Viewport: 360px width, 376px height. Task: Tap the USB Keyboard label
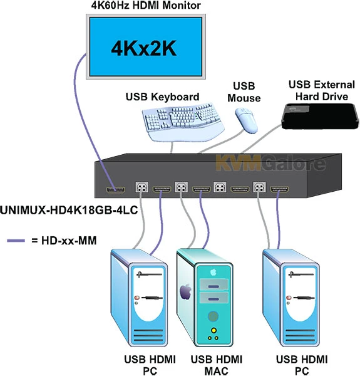tap(162, 97)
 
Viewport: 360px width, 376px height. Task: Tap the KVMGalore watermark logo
tap(270, 164)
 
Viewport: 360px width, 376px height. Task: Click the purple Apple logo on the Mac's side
tap(186, 291)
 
